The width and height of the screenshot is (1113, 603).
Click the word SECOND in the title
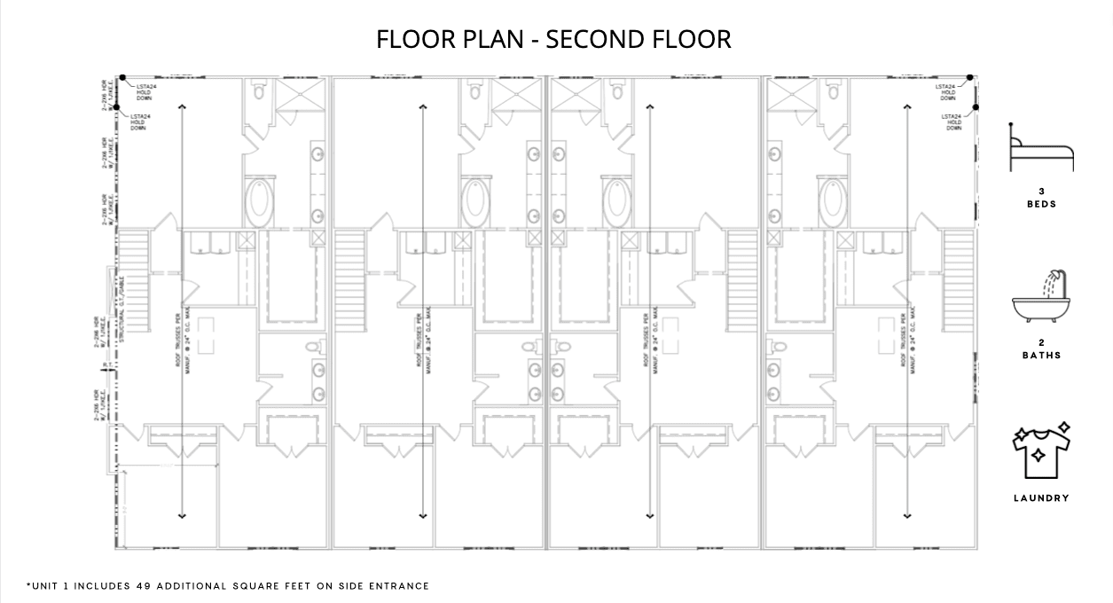tap(593, 40)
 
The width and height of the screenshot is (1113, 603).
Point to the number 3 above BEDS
tap(1041, 191)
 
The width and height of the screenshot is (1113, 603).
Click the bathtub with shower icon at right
tap(1041, 297)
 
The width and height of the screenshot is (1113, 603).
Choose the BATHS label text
tap(1041, 356)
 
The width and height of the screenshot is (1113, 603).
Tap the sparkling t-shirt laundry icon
tap(1041, 450)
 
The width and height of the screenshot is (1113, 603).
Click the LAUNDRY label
tap(1041, 498)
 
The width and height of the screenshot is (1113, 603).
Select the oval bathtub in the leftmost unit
tap(260, 201)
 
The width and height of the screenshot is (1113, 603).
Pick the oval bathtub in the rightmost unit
tap(833, 201)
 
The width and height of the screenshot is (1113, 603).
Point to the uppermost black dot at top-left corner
tap(122, 78)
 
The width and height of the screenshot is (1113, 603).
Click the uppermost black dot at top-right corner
tap(972, 78)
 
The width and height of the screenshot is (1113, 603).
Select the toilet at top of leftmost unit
tap(260, 90)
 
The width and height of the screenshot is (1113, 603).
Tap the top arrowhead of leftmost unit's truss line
tap(183, 106)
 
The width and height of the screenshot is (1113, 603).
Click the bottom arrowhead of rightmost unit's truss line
tap(907, 515)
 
